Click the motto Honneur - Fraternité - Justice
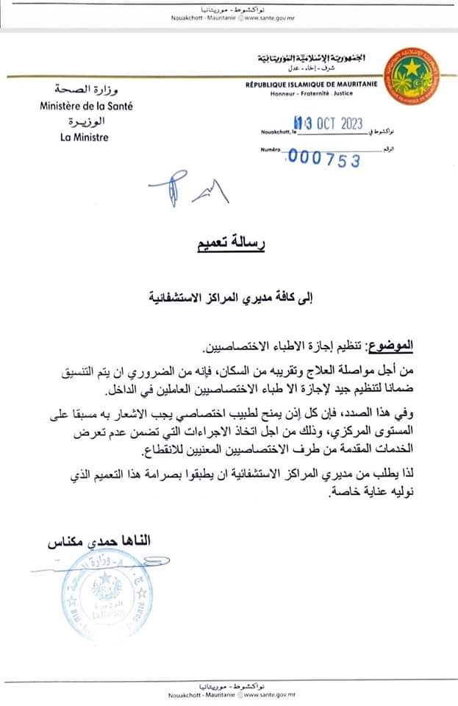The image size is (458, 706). [312, 95]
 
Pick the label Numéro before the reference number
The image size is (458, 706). [271, 151]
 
